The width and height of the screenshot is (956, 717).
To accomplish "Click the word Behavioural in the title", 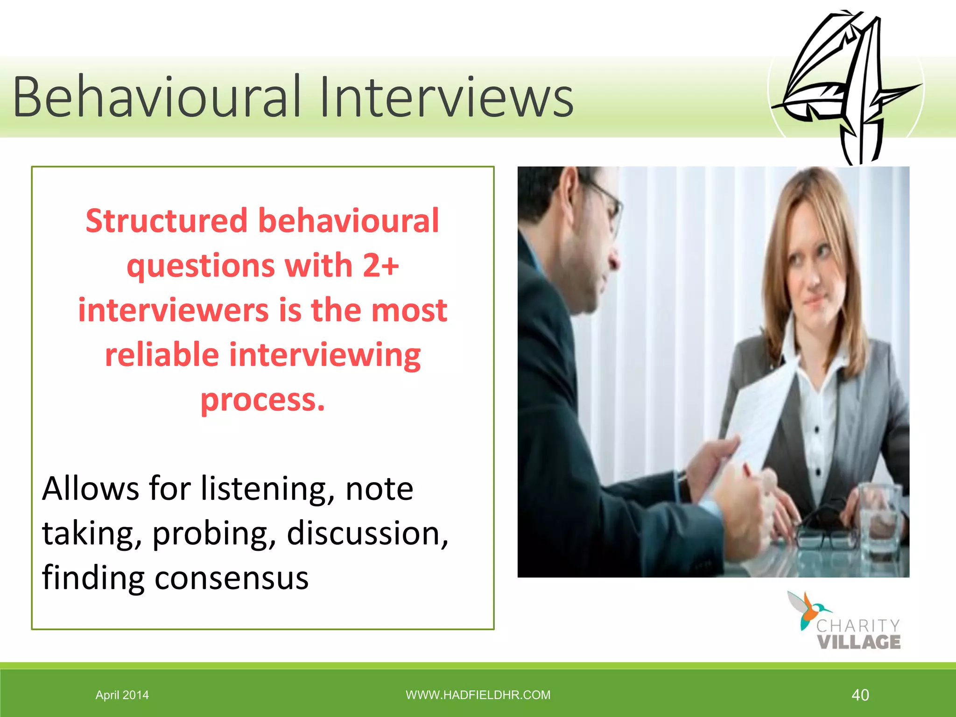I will click(x=156, y=97).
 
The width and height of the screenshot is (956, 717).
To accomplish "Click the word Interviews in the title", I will click(x=446, y=97).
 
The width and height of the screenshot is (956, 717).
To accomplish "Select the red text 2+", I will click(x=380, y=265).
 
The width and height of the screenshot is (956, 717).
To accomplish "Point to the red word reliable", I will click(x=162, y=355).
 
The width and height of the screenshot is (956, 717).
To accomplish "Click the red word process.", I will click(x=262, y=400).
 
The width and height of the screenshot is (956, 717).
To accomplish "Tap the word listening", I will click(x=267, y=488).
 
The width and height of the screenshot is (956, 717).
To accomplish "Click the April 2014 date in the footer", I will click(x=122, y=695).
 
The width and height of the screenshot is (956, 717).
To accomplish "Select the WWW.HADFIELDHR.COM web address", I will click(x=478, y=695).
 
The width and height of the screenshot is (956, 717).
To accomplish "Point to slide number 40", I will click(x=860, y=695).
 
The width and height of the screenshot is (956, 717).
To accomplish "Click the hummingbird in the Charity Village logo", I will click(x=806, y=609).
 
